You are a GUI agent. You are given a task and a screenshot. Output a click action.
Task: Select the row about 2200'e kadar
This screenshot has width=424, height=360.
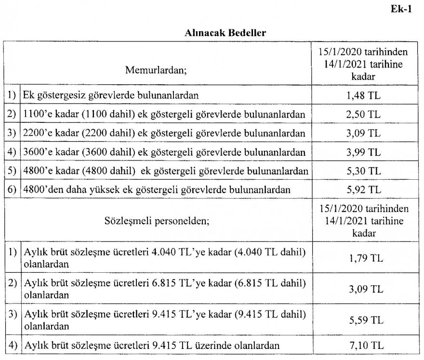[164, 134]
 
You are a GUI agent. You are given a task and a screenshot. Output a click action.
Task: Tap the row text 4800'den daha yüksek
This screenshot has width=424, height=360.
[157, 190]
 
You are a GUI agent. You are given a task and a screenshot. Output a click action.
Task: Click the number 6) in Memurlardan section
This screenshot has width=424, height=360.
[12, 190]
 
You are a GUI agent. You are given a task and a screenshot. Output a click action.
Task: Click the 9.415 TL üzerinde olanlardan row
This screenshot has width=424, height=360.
[151, 345]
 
